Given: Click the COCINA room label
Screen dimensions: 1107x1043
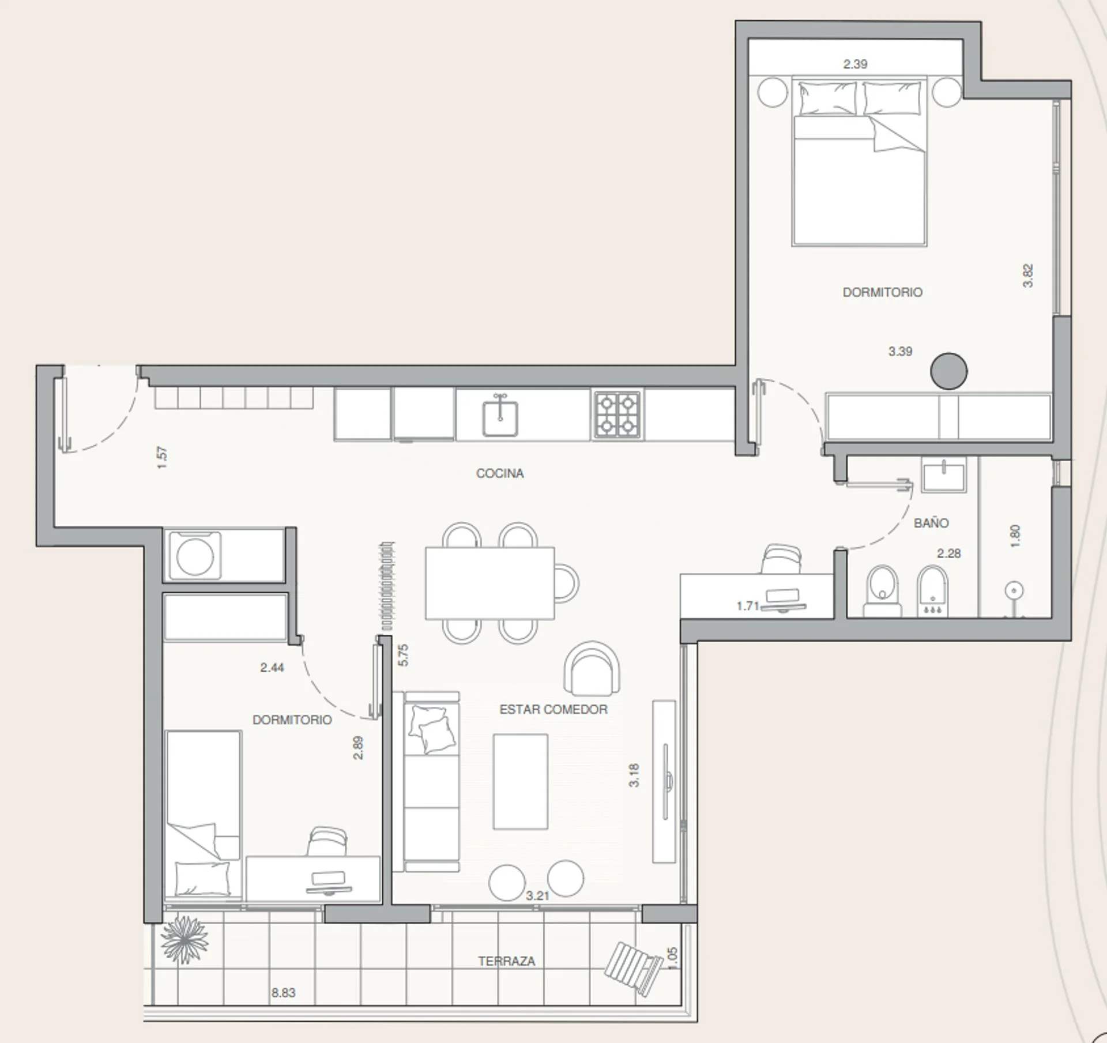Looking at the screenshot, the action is click(x=500, y=473).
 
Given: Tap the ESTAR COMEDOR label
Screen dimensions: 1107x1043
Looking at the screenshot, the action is click(x=553, y=710).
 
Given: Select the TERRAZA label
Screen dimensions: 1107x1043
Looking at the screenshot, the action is click(x=507, y=961).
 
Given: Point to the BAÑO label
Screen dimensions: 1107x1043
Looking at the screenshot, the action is click(x=931, y=523).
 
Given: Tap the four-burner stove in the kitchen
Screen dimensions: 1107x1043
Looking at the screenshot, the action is click(x=617, y=415).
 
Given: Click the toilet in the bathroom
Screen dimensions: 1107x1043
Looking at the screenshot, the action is click(x=883, y=591).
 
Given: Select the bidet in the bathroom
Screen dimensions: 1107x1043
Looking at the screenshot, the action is click(x=932, y=591).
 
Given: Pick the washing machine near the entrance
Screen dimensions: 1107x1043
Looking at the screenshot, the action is click(x=195, y=556).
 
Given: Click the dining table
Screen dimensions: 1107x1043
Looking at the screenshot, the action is click(x=490, y=583).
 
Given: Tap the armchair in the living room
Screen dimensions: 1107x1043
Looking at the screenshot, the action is click(x=593, y=669).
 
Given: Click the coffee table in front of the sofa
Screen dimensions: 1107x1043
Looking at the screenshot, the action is click(x=521, y=782).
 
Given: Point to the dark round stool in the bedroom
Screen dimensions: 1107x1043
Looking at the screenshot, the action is click(x=949, y=371).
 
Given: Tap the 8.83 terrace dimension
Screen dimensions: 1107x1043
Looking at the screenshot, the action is click(x=284, y=993).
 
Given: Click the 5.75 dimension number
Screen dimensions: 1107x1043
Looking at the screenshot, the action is click(x=404, y=655).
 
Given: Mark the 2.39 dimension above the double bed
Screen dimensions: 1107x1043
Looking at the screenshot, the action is click(x=855, y=64).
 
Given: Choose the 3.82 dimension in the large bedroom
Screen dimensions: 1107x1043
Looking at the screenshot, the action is click(x=1028, y=276).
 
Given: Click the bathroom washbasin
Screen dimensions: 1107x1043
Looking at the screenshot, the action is click(x=944, y=475).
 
